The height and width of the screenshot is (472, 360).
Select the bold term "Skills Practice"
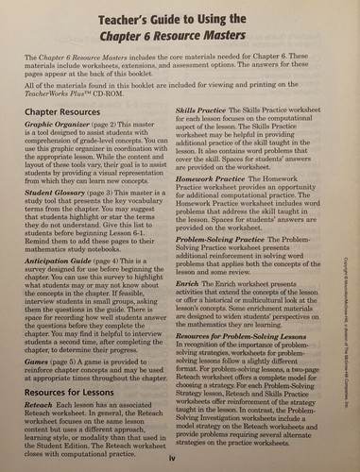click(203, 110)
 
